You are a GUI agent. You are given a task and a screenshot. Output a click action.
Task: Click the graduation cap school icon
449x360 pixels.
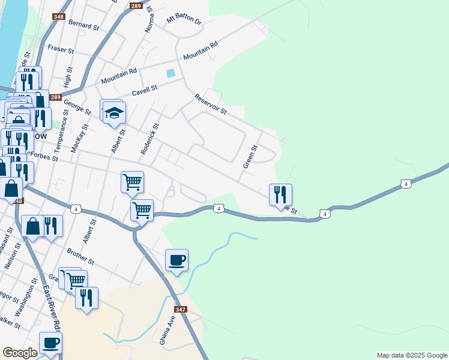(113, 112)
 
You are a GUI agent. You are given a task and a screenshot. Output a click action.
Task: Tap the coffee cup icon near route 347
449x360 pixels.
(176, 260)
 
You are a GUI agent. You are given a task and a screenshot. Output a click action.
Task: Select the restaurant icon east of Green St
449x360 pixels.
(280, 195)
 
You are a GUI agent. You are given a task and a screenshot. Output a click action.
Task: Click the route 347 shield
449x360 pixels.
(181, 310)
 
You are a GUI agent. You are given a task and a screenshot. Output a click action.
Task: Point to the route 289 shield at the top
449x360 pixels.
(136, 6)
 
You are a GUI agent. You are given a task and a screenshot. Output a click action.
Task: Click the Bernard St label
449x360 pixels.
(84, 25)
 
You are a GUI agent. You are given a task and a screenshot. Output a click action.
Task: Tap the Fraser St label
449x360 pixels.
(60, 47)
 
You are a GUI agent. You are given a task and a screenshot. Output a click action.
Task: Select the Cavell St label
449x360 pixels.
(145, 91)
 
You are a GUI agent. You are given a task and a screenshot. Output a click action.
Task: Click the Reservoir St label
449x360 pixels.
(210, 104)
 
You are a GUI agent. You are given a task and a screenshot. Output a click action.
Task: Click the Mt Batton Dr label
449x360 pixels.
(184, 19)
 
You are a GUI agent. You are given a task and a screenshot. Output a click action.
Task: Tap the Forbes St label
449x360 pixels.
(44, 156)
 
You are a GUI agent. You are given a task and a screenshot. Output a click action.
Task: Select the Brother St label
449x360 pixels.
(81, 257)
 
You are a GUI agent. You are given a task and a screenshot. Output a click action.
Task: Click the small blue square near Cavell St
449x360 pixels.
(171, 73)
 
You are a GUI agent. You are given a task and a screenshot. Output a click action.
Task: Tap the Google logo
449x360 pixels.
(20, 353)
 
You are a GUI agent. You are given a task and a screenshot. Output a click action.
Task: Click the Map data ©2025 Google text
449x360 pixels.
(411, 355)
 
